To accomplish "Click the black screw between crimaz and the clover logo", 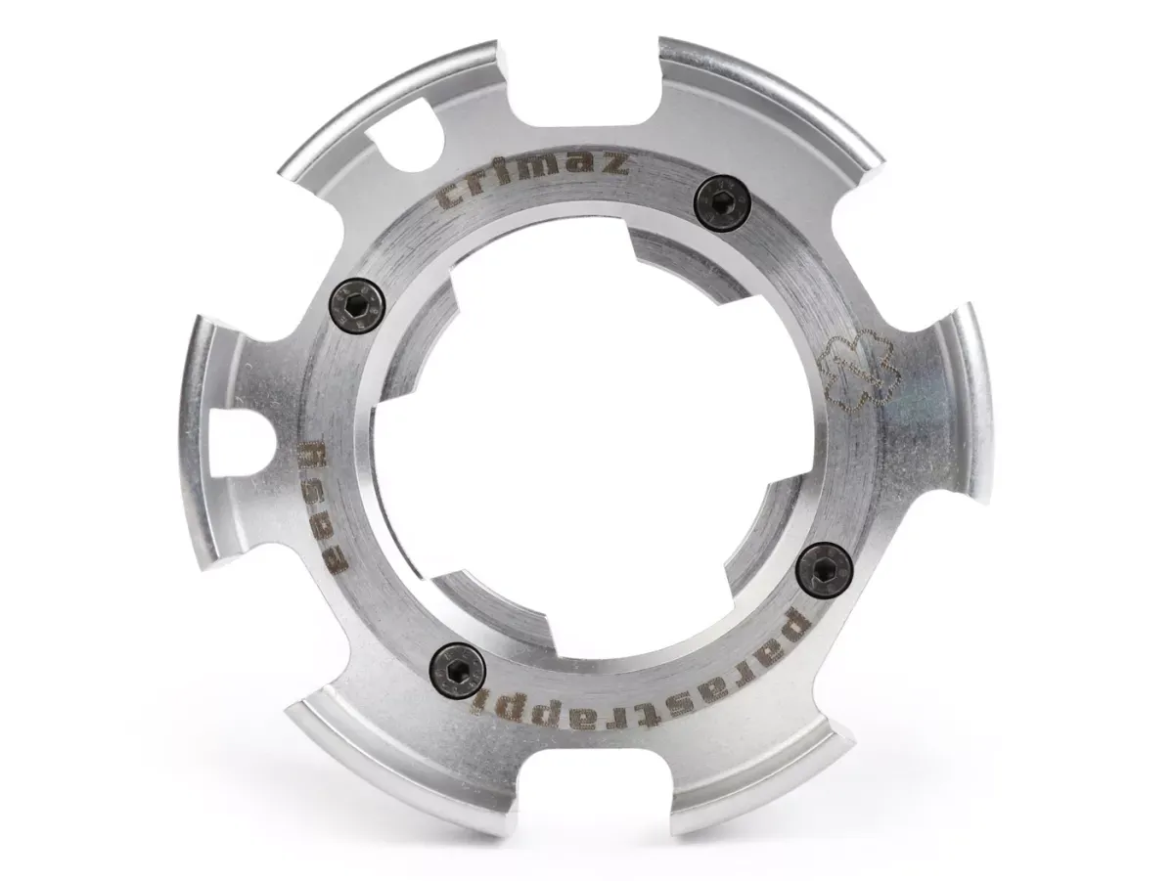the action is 722,205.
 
